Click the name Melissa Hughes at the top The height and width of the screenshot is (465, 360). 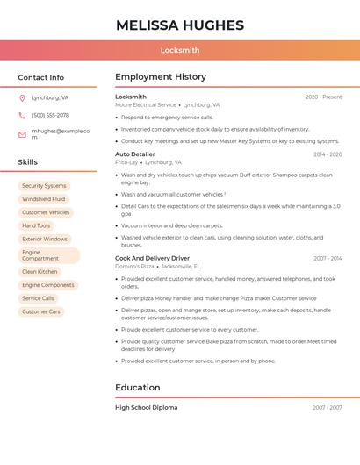(x=180, y=25)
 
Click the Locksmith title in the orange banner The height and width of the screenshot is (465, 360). (x=180, y=50)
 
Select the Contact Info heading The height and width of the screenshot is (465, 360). (x=41, y=77)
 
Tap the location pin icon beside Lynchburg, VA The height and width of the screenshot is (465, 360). (x=22, y=98)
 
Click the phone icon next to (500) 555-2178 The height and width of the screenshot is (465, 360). (x=22, y=115)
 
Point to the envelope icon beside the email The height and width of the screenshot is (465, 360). (x=22, y=134)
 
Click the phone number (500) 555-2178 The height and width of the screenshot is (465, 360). (x=50, y=115)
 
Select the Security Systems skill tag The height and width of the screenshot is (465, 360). (x=44, y=186)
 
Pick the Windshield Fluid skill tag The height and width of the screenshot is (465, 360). (x=44, y=199)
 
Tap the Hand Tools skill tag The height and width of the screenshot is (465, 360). (x=36, y=225)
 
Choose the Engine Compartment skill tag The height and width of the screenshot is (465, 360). (x=48, y=255)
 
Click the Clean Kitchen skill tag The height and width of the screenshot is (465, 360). (x=40, y=272)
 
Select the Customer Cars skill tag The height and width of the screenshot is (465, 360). (x=41, y=311)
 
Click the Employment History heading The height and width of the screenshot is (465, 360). (x=161, y=76)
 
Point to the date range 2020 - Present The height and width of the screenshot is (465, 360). (x=323, y=97)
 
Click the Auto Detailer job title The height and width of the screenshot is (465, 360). (x=134, y=154)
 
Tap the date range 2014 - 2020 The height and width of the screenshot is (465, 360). (x=328, y=154)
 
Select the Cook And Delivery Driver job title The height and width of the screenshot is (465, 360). (x=154, y=258)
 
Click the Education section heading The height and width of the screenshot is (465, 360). (x=137, y=387)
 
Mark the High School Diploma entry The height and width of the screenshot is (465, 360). (x=146, y=407)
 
